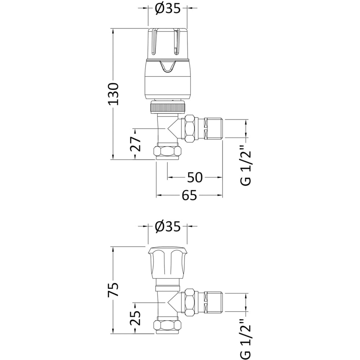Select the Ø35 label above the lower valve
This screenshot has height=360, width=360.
click(168, 227)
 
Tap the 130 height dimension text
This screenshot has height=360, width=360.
click(114, 94)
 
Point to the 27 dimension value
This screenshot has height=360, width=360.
click(135, 144)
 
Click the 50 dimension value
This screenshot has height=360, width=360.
click(195, 177)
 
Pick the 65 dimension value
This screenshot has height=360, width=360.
click(190, 195)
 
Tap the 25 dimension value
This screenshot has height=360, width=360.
click(135, 318)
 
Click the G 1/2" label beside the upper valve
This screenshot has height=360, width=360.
click(247, 168)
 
